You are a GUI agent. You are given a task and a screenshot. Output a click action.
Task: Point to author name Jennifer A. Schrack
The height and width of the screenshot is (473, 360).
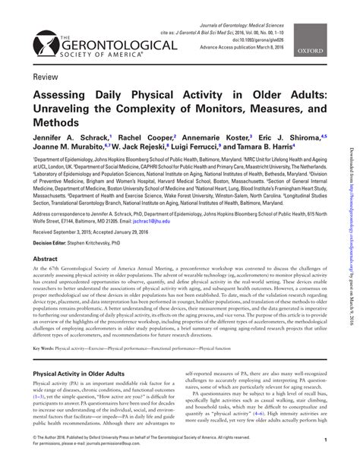(x=67, y=138)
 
